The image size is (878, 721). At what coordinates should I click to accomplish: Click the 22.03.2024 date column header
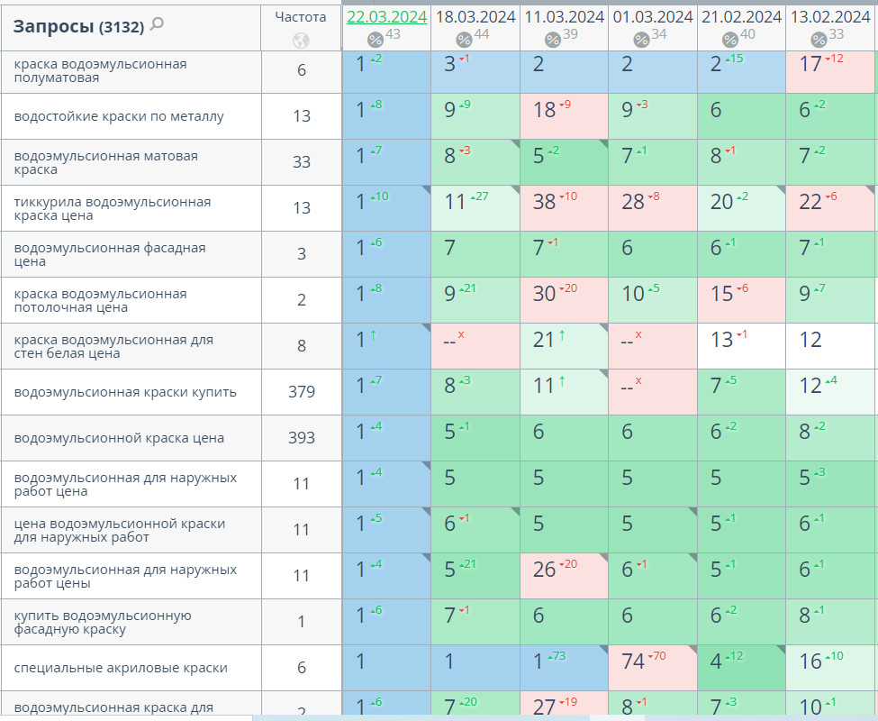385,17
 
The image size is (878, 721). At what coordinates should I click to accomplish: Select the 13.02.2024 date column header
830,17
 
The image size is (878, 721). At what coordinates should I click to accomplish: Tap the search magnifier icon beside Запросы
157,24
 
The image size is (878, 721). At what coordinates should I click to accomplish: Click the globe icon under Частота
301,40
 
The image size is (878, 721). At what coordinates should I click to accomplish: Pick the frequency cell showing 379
302,392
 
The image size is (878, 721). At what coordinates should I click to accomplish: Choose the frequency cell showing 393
302,438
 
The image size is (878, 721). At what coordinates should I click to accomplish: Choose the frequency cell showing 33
302,162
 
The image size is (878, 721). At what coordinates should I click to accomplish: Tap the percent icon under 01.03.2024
641,40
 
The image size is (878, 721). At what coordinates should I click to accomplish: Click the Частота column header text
301,16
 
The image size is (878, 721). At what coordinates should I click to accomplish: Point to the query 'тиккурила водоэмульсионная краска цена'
113,208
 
